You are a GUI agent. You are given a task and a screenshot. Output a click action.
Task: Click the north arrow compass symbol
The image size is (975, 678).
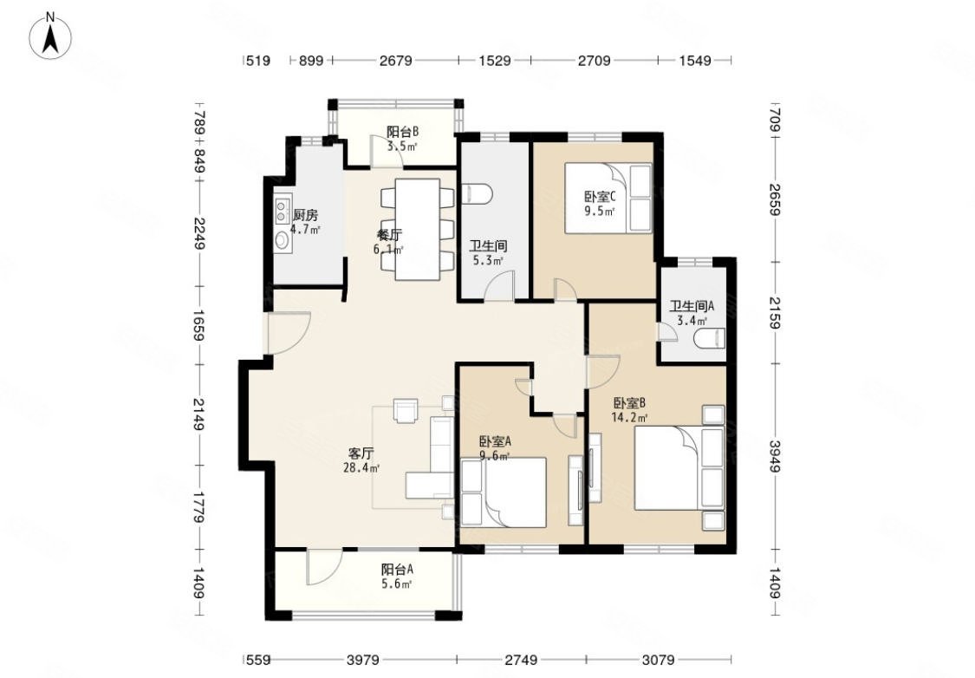[50, 36]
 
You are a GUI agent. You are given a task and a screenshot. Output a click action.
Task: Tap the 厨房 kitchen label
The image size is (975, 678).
[305, 216]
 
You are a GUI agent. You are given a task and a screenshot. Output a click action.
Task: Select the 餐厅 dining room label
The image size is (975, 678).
[389, 235]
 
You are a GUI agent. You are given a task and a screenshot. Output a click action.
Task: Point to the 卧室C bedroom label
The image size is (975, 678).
[600, 197]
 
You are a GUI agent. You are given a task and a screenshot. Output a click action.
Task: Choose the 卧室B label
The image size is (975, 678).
[628, 401]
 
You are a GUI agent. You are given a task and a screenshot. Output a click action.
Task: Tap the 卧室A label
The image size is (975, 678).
[495, 441]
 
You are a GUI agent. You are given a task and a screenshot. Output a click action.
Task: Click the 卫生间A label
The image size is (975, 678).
[692, 306]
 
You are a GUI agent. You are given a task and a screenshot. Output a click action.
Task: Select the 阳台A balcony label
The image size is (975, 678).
[397, 569]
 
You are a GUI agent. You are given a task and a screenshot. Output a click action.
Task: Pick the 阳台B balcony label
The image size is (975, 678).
[402, 131]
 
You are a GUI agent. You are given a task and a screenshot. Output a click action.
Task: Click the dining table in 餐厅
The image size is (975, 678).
[418, 230]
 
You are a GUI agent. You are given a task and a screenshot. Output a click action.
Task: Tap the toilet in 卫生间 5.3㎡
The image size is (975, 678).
[477, 193]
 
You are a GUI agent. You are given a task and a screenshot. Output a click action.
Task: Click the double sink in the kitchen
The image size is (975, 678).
[283, 205]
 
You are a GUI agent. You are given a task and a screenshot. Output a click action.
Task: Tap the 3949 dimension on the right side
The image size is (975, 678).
[775, 456]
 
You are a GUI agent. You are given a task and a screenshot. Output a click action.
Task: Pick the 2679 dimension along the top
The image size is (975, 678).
[395, 61]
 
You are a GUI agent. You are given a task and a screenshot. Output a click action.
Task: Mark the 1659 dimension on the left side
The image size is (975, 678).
[198, 324]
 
